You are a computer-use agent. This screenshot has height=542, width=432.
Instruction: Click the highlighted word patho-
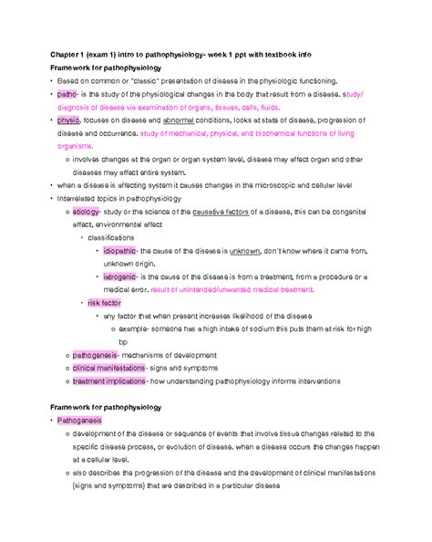(67, 93)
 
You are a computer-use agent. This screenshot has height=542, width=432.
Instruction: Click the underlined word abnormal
(163, 120)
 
